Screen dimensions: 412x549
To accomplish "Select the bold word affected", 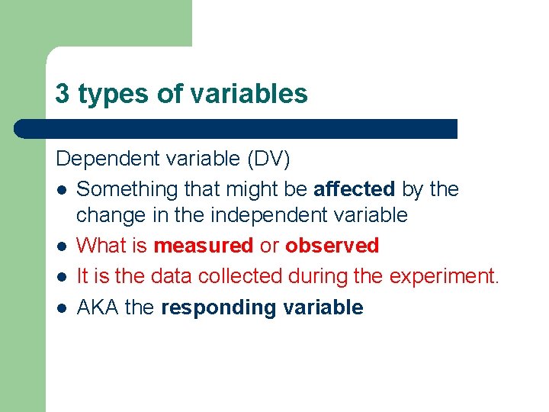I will (354, 188).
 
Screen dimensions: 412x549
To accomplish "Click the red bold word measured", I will (203, 246).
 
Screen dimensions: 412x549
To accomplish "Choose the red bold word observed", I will (332, 246).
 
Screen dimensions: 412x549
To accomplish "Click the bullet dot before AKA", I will (61, 308).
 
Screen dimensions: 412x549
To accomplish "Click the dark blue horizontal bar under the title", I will (236, 128).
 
